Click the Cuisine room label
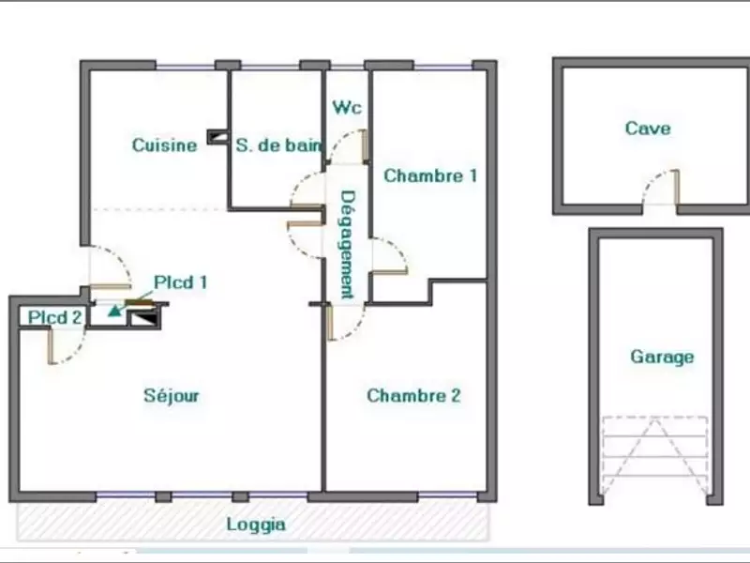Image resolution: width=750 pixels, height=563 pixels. click(164, 145)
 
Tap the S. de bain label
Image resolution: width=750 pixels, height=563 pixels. click(278, 145)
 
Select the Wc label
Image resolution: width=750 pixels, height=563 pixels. click(346, 107)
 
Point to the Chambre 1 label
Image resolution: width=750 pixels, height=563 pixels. click(430, 175)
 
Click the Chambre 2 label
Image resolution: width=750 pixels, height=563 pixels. click(413, 395)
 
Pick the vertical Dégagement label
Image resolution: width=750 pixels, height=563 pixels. click(347, 244)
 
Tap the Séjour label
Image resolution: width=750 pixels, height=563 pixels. click(172, 395)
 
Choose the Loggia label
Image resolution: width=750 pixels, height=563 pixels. click(256, 525)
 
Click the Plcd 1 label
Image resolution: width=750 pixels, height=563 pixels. click(180, 281)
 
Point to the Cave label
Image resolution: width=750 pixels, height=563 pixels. click(648, 129)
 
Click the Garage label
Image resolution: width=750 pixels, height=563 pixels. click(662, 357)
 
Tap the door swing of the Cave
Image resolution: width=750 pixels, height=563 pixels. click(660, 188)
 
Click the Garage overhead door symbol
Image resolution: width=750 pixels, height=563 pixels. click(653, 455)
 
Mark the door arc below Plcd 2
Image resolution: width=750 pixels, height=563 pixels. click(67, 345)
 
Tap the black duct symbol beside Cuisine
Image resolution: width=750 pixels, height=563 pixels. click(216, 137)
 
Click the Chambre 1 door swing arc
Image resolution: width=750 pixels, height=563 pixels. click(388, 256)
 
